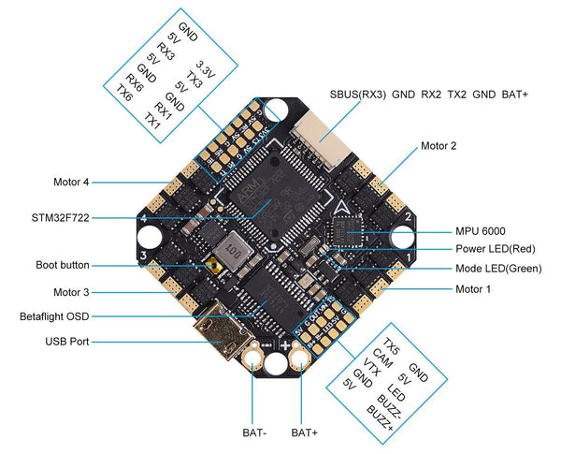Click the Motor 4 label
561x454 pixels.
click(x=71, y=182)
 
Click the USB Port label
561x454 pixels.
click(x=66, y=343)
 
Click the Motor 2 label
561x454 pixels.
click(x=439, y=146)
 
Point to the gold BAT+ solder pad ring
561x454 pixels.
click(x=301, y=357)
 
